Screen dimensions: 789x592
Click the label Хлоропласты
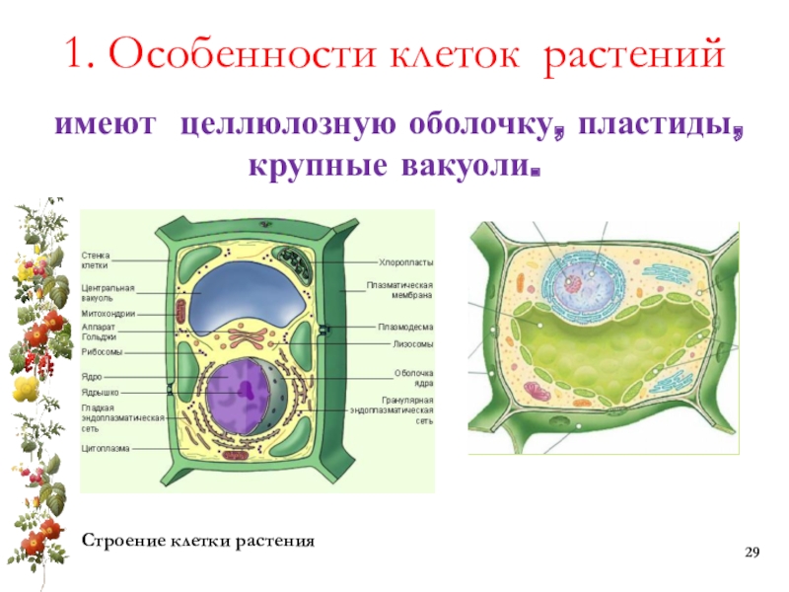click(x=406, y=262)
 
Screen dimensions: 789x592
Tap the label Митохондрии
click(x=108, y=314)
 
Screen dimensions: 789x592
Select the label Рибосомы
click(x=102, y=352)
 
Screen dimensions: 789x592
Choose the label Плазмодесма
click(x=406, y=327)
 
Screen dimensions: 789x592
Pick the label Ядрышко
click(x=100, y=391)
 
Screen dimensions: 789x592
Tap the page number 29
click(x=753, y=550)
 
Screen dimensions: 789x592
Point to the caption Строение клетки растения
click(x=197, y=542)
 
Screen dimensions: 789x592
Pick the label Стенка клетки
click(x=96, y=260)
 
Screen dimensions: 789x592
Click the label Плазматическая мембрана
click(x=400, y=290)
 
